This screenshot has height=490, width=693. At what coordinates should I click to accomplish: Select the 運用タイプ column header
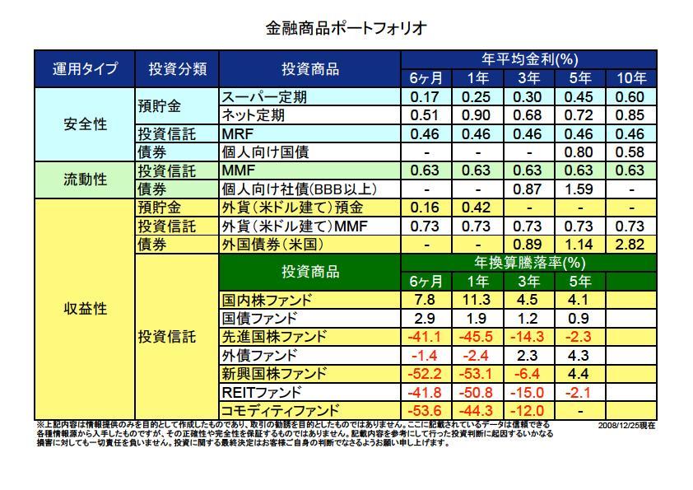pyautogui.click(x=84, y=68)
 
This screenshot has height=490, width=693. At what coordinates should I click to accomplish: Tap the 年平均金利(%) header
pyautogui.click(x=528, y=59)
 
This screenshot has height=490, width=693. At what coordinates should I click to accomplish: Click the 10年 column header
pyautogui.click(x=631, y=78)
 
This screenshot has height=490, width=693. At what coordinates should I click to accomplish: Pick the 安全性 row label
pyautogui.click(x=84, y=125)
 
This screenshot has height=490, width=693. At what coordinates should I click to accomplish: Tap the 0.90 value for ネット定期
pyautogui.click(x=477, y=115)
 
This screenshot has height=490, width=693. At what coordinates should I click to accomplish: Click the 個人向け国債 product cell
pyautogui.click(x=267, y=152)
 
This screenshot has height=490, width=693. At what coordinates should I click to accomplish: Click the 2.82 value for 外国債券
pyautogui.click(x=631, y=245)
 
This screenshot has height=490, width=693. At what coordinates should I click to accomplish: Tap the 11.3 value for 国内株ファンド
pyautogui.click(x=477, y=299)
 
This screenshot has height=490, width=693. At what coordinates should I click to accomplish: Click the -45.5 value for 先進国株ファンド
pyautogui.click(x=477, y=336)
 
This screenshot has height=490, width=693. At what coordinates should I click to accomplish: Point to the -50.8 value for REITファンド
pyautogui.click(x=477, y=392)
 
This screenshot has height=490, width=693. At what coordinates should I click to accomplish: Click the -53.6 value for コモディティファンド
pyautogui.click(x=426, y=410)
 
